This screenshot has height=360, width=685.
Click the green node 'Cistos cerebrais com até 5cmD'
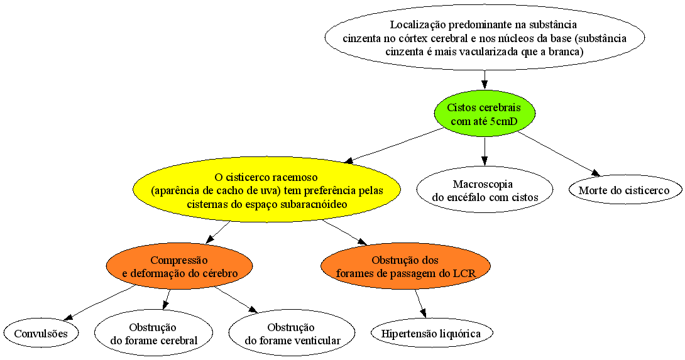click(x=484, y=114)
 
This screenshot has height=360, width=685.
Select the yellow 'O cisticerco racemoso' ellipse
click(x=267, y=190)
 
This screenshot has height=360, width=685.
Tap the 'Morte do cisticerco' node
click(x=624, y=190)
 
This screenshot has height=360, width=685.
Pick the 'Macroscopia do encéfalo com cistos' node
click(x=485, y=190)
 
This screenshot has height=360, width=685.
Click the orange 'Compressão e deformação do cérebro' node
click(x=180, y=266)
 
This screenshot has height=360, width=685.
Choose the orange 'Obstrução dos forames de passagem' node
click(x=405, y=266)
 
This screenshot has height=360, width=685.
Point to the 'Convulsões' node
click(x=41, y=334)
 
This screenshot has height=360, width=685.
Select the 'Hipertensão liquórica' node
click(x=431, y=334)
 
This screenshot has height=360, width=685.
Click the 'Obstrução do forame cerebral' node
click(x=153, y=334)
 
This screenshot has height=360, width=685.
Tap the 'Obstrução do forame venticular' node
click(x=292, y=334)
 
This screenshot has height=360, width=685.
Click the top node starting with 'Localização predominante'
click(x=485, y=37)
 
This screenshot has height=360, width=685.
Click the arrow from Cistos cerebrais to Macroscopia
click(x=485, y=151)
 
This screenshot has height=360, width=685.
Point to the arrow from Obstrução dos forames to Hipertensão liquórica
click(x=420, y=303)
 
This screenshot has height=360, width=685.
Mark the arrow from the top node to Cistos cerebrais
click(x=485, y=80)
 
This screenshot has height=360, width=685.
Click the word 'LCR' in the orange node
click(x=466, y=273)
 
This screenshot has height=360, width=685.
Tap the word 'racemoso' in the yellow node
click(x=295, y=177)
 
